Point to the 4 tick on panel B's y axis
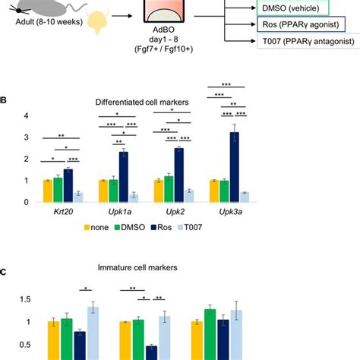26,115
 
